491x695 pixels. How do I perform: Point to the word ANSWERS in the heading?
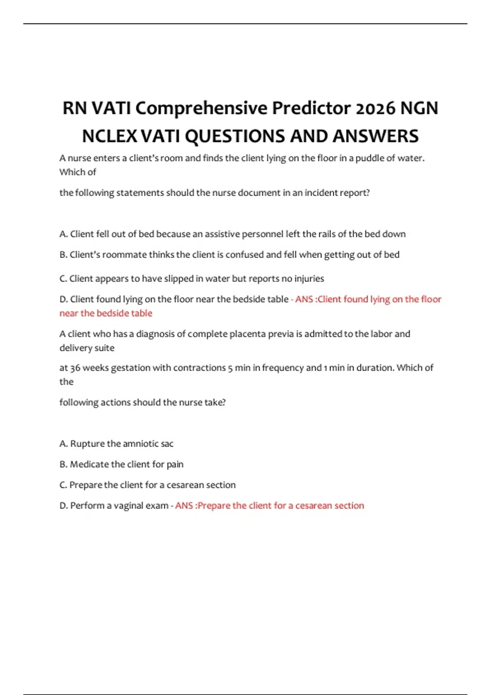375,136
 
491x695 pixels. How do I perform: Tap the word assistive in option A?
222,234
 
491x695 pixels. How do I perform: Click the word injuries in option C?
309,278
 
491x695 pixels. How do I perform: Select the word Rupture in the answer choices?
87,444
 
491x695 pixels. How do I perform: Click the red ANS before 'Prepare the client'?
184,506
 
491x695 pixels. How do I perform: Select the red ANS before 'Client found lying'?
304,299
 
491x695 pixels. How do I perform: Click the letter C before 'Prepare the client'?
63,485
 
